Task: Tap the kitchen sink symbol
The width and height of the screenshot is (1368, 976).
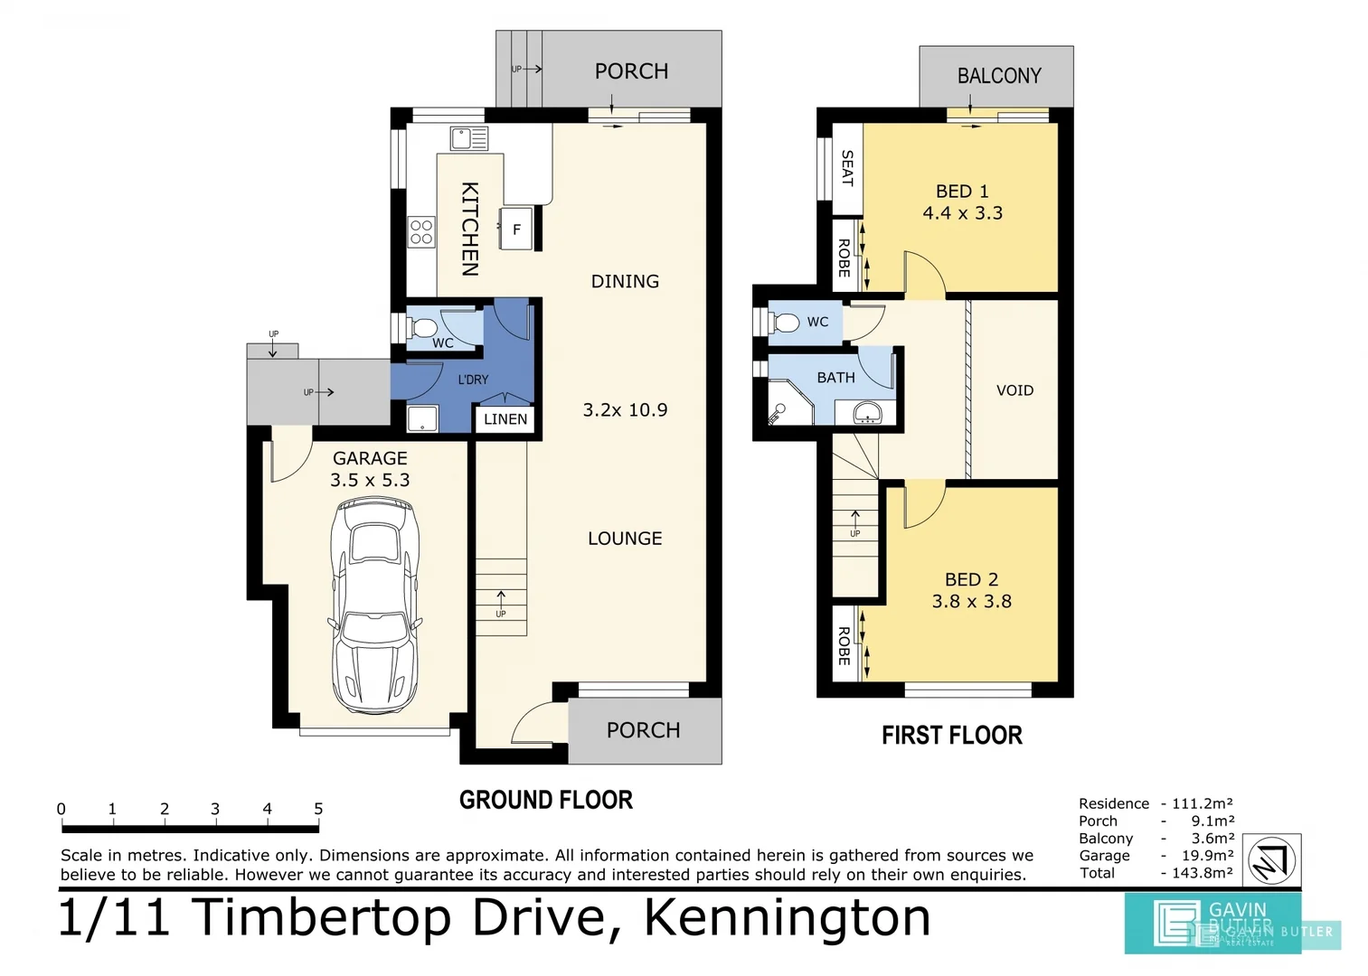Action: [469, 138]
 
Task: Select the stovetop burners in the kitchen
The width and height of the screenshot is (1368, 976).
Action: [421, 232]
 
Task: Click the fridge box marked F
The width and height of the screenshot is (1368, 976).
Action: [516, 230]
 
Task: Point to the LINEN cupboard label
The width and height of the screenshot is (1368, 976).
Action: [505, 419]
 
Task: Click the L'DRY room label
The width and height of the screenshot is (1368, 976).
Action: [473, 380]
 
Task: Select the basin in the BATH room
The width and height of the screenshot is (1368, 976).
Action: [868, 413]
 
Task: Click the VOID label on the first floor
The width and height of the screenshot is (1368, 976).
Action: [1014, 390]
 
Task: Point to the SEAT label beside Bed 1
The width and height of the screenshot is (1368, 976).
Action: [847, 168]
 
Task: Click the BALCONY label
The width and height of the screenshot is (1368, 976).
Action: [999, 76]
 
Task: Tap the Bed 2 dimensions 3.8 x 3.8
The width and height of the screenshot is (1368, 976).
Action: [971, 602]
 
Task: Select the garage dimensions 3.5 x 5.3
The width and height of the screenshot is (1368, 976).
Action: [370, 481]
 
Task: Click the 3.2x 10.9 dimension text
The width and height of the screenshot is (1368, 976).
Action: [625, 410]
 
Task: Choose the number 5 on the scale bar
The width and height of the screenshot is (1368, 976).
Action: [318, 809]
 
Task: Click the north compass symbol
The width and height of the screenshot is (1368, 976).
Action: [1272, 860]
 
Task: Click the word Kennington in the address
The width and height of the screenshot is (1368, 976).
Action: [787, 917]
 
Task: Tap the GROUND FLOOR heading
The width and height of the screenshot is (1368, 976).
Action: [546, 801]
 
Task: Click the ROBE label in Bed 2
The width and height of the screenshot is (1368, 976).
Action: [844, 646]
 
